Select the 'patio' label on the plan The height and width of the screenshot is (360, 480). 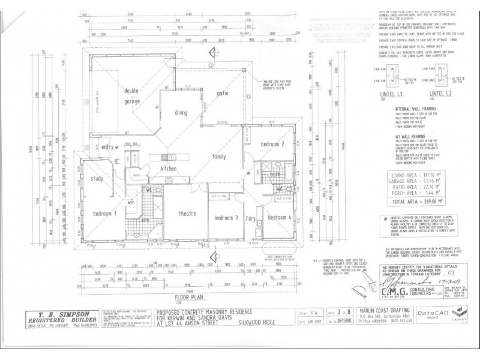pyautogui.click(x=223, y=94)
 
